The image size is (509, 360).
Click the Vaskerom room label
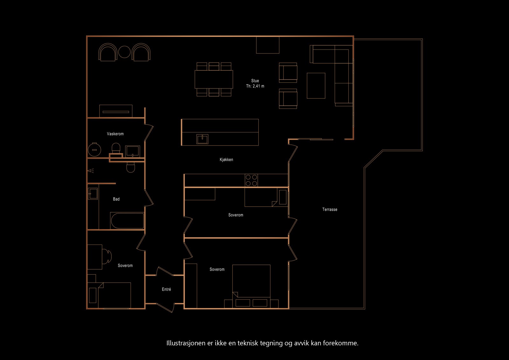point(115,134)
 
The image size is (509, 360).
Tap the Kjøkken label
point(226,160)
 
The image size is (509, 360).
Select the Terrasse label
point(330,209)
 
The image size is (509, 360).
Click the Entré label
point(166,289)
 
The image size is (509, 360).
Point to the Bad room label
point(116,199)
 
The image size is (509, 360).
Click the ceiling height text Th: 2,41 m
point(255,86)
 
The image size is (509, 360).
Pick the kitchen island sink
point(202,139)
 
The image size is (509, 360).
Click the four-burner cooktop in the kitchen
point(251,180)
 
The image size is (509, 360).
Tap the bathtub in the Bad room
point(127,221)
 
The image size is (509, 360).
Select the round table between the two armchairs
point(124,52)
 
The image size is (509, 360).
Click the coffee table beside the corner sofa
point(316,86)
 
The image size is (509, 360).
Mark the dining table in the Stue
point(214,79)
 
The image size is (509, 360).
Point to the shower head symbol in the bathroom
point(91,171)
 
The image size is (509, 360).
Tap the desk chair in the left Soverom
point(107,256)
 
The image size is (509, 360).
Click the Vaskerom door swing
point(149,132)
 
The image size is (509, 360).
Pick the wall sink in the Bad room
point(93,193)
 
